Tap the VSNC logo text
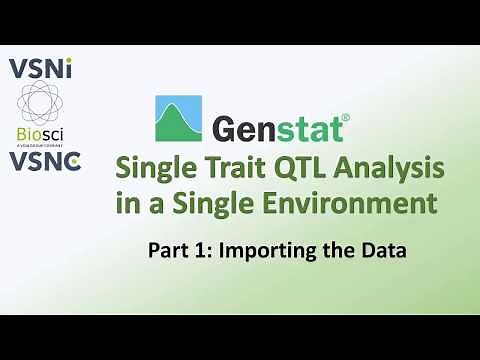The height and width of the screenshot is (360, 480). point(44,160)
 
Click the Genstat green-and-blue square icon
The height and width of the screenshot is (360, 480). point(178,119)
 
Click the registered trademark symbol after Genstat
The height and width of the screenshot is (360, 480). point(345,117)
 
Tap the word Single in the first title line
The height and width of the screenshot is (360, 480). point(160,168)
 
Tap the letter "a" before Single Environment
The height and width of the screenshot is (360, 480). point(180,207)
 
